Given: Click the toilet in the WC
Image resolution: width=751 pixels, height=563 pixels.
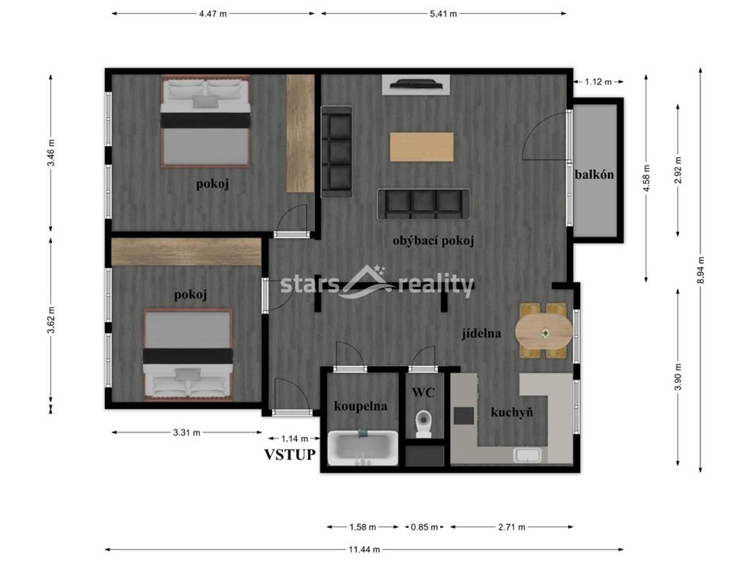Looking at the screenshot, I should coord(423,423).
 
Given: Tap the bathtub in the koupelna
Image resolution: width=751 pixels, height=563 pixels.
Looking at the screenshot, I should coord(363,446).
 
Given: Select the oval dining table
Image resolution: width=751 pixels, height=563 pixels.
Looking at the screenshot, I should coord(543,332).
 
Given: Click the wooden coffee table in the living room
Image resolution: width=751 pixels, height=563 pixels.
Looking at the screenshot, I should coord(421,146).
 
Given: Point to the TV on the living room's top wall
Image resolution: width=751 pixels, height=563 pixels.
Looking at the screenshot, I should coord(416,84).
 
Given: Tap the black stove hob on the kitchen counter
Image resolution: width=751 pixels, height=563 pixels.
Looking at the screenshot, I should coord(464,416).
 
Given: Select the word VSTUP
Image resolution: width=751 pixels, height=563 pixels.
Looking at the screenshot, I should coord(290,455).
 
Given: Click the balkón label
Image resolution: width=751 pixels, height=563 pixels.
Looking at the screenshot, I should coord(594,174).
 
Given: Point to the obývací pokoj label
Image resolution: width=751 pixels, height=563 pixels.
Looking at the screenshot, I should coord(433,240).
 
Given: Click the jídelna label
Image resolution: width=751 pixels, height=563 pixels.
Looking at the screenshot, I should coord(481,333).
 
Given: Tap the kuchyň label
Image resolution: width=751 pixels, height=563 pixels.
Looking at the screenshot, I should coord(512,413).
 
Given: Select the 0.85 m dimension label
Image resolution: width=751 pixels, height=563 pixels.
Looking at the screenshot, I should coord(425,527).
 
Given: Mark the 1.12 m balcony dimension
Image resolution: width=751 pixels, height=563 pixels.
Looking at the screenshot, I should coord(598,82).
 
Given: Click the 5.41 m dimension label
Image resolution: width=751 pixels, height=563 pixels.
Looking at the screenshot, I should coord(442,13).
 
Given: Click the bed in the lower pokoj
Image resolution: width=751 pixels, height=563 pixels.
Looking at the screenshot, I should coord(188,354).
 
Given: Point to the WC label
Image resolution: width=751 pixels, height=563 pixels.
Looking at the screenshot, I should coord(423,392).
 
